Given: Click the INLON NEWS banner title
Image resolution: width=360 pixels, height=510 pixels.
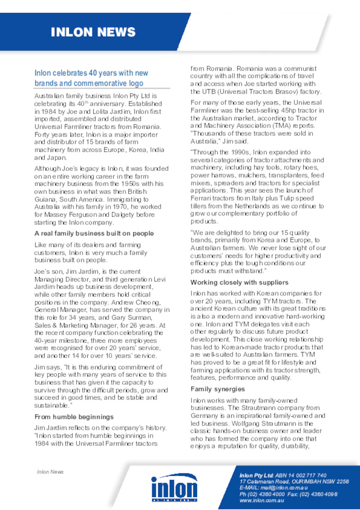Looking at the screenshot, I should tap(93, 32).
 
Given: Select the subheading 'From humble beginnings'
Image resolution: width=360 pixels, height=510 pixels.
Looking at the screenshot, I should tap(74, 416).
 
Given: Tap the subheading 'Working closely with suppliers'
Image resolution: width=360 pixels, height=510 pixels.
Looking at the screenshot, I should tap(240, 282).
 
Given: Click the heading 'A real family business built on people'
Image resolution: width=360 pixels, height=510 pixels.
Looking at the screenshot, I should tap(94, 233).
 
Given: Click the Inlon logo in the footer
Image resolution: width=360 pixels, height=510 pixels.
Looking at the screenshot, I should tap(174, 487).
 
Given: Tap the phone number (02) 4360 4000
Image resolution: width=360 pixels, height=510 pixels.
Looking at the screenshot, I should tap(262, 494).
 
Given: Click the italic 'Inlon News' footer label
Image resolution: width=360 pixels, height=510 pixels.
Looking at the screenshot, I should tap(50, 472).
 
